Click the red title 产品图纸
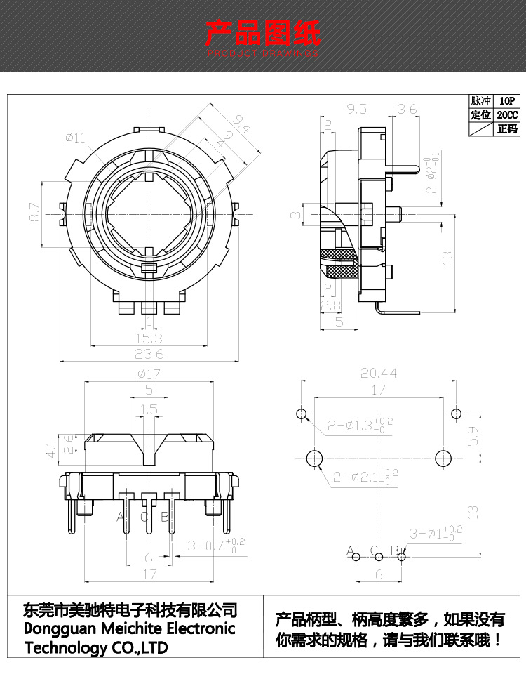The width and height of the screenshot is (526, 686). pyautogui.click(x=262, y=33)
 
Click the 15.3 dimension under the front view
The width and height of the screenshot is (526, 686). pyautogui.click(x=148, y=338)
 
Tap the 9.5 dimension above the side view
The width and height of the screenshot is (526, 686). pyautogui.click(x=356, y=109)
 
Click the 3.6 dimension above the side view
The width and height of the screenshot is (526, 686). pyautogui.click(x=407, y=109)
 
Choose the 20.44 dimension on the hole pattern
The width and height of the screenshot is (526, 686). pyautogui.click(x=379, y=374)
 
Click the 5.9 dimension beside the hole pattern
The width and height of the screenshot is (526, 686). pyautogui.click(x=473, y=436)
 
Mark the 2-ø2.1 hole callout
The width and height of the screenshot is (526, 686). pyautogui.click(x=365, y=477)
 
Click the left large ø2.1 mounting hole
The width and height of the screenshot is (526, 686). pyautogui.click(x=313, y=458)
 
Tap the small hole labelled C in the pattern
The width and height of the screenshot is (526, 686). pyautogui.click(x=379, y=557)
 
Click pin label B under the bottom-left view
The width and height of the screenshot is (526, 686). pyautogui.click(x=165, y=517)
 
